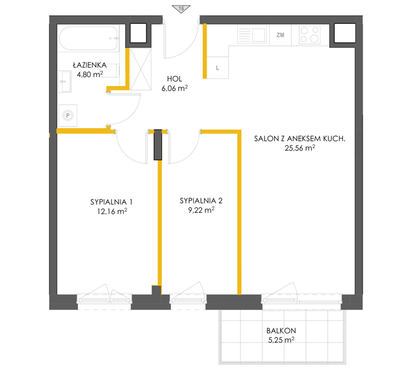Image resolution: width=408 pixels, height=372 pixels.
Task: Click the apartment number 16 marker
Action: (181, 9)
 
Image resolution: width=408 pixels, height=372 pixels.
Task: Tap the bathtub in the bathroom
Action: (89, 38)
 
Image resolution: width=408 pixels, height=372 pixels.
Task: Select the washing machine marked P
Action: (67, 115)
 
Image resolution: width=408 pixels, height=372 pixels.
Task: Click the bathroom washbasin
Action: (65, 81)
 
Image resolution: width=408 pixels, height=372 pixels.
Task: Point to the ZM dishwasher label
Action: (280, 35)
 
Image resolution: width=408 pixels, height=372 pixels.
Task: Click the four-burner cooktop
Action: (310, 35)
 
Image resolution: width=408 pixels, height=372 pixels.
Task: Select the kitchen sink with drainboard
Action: (252, 35)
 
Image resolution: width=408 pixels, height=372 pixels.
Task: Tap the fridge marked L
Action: (218, 67)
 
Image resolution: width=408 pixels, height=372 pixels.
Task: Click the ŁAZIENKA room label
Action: (90, 65)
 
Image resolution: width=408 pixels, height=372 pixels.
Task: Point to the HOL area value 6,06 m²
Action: (175, 88)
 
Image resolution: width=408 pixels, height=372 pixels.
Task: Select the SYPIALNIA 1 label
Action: (112, 202)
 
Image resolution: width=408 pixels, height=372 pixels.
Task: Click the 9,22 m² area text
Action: (201, 210)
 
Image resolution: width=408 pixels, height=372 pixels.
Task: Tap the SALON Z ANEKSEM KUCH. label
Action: (300, 139)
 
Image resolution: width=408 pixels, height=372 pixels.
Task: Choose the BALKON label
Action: (281, 331)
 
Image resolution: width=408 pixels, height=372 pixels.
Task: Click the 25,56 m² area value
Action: (300, 148)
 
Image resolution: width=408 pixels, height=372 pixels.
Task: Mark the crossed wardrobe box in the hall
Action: (140, 69)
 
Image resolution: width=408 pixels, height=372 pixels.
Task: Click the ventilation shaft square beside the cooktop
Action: (344, 33)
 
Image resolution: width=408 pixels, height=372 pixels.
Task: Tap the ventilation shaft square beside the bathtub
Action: (138, 33)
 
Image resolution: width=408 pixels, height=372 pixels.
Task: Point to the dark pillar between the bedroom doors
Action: (158, 145)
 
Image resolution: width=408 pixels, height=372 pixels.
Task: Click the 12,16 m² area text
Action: (112, 211)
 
